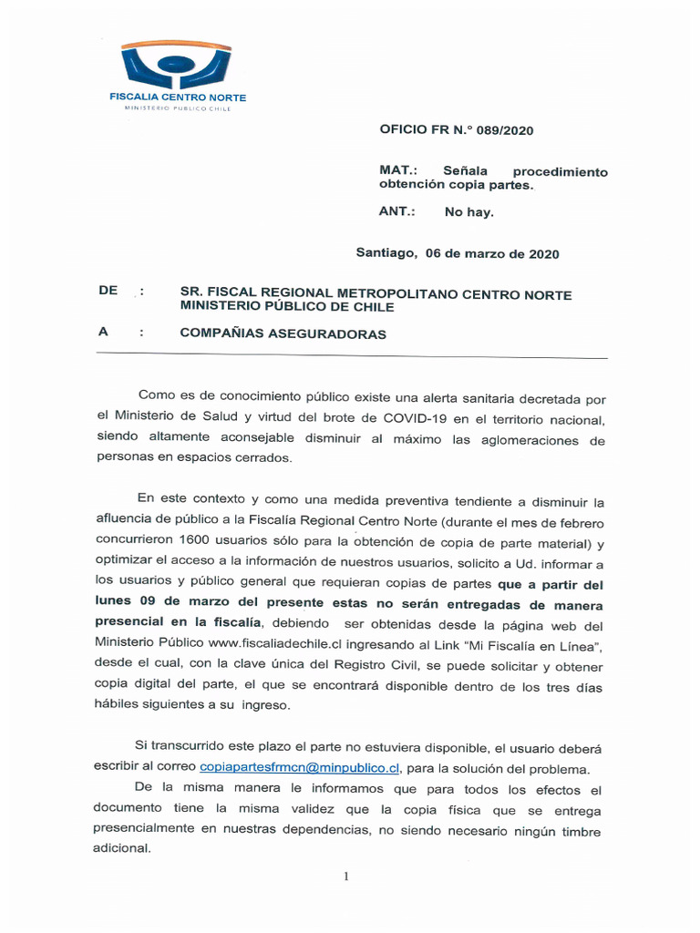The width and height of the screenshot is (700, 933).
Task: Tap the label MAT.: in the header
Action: click(x=398, y=171)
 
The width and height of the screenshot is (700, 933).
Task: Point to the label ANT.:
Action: click(x=397, y=211)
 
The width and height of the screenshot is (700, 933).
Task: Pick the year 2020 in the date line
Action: click(x=544, y=254)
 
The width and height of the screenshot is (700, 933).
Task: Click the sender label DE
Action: click(x=108, y=291)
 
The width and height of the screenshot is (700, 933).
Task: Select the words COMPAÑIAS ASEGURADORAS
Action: click(x=283, y=334)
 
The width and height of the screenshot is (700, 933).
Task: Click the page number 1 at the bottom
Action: click(x=346, y=877)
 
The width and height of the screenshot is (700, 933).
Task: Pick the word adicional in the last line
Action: click(x=121, y=848)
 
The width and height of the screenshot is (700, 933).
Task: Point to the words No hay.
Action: click(x=468, y=212)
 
